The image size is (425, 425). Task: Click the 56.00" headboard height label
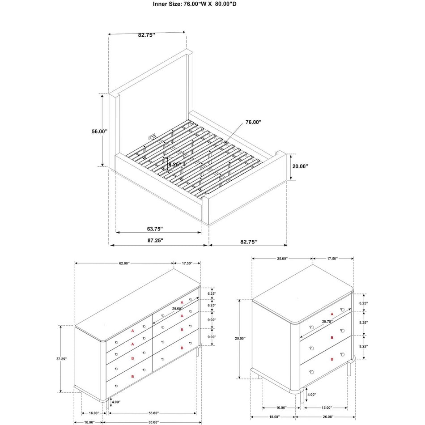point(100,132)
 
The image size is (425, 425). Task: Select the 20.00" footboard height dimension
point(300,166)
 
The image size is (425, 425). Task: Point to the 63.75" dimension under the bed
point(154,229)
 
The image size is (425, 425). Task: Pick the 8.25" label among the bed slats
point(175,164)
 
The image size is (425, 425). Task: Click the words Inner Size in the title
point(168,4)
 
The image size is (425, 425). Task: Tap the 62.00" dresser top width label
point(124,263)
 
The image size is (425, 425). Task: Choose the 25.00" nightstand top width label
point(282,259)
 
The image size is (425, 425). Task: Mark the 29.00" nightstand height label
point(240,339)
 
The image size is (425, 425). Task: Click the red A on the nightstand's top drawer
point(331,315)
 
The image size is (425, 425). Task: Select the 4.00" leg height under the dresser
point(116,402)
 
